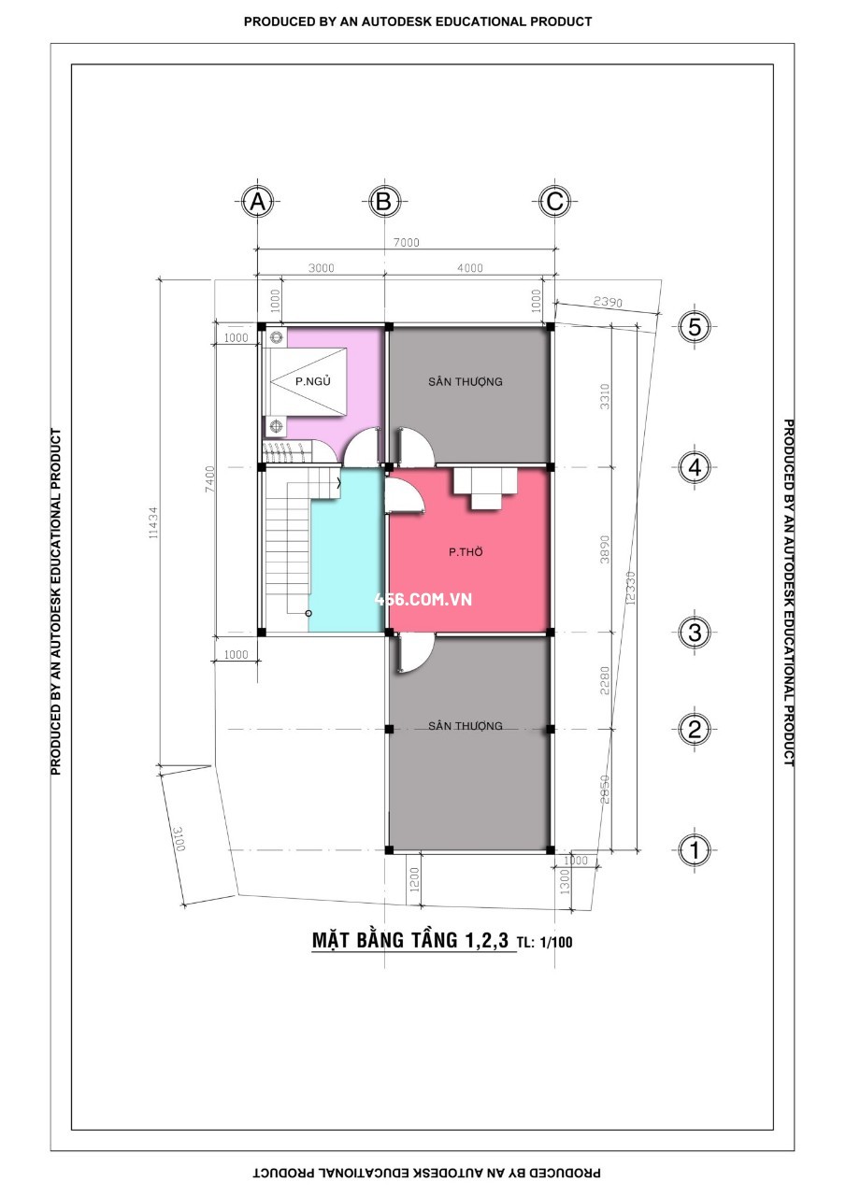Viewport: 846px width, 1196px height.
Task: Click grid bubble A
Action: pyautogui.click(x=258, y=202)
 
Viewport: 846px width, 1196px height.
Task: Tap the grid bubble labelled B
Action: pyautogui.click(x=384, y=202)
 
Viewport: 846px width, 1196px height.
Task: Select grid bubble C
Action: pyautogui.click(x=554, y=202)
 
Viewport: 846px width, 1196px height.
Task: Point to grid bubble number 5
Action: pyautogui.click(x=695, y=326)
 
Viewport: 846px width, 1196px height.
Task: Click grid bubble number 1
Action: pyautogui.click(x=695, y=849)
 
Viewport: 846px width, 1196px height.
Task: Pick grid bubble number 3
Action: pyautogui.click(x=695, y=633)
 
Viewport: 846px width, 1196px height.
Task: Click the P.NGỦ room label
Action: pyautogui.click(x=313, y=380)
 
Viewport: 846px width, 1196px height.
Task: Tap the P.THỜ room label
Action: pyautogui.click(x=466, y=551)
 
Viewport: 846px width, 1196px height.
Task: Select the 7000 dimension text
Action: pyautogui.click(x=407, y=242)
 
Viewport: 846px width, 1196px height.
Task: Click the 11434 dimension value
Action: pyautogui.click(x=153, y=522)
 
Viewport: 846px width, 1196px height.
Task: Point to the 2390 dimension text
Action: pyautogui.click(x=608, y=302)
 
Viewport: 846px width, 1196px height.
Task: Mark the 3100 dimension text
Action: pyautogui.click(x=179, y=839)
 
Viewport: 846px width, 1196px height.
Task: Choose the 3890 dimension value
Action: pyautogui.click(x=604, y=548)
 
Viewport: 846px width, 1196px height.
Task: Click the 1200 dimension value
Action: pyautogui.click(x=414, y=879)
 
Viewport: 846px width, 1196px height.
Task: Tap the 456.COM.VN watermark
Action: pyautogui.click(x=423, y=599)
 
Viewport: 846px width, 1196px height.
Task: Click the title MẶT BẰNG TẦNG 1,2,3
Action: pyautogui.click(x=410, y=940)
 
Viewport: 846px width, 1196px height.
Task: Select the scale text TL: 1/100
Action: pyautogui.click(x=545, y=943)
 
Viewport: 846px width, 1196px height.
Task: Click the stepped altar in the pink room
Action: pyautogui.click(x=485, y=488)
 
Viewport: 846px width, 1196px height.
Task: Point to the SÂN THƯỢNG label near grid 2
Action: pyautogui.click(x=466, y=726)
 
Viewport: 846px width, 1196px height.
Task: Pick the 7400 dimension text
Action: pyautogui.click(x=210, y=478)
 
